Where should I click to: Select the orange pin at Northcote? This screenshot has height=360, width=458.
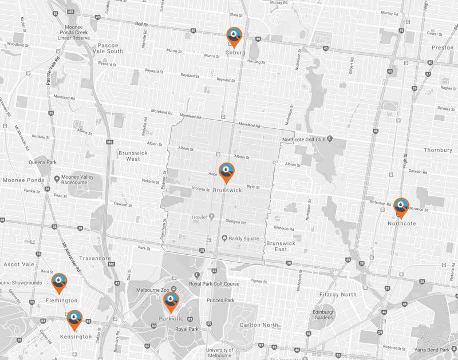401,207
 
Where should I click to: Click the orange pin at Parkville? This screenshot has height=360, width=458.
171,300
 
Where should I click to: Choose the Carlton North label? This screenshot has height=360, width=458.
259,325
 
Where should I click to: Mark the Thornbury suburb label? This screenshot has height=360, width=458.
439,151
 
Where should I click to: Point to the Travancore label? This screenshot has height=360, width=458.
95,258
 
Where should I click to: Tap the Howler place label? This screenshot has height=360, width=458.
199,216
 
